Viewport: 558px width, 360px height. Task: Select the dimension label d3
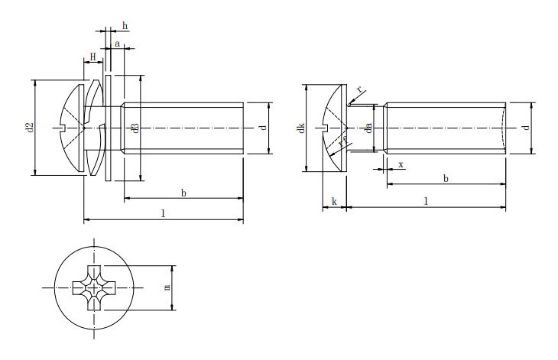135,128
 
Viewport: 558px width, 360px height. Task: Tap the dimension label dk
301,128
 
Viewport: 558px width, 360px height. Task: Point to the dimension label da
368,128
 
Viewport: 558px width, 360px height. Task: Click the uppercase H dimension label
92,56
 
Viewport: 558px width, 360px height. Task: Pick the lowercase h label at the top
125,27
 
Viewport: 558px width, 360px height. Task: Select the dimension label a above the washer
117,44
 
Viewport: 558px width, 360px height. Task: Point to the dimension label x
401,164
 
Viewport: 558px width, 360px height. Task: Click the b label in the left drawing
183,193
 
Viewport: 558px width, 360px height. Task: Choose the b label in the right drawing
446,178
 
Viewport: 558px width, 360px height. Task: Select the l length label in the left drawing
163,214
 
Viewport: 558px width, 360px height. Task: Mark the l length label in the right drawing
425,200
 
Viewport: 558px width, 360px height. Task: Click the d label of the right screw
525,128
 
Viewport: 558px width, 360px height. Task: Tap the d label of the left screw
262,128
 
